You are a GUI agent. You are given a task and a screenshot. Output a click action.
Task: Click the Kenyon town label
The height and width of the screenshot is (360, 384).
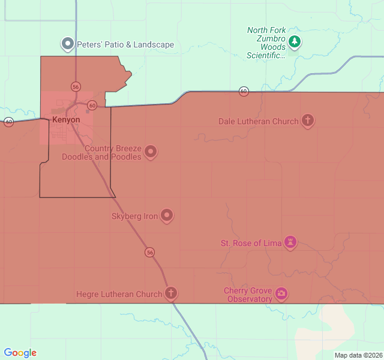coord(66,120)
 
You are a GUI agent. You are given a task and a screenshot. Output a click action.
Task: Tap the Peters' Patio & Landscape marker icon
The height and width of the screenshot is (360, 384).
coord(68,44)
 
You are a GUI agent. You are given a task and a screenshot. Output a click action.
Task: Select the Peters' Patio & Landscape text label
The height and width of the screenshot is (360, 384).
coord(125,44)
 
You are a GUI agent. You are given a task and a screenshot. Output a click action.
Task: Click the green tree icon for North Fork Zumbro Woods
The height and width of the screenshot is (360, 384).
coord(294,41)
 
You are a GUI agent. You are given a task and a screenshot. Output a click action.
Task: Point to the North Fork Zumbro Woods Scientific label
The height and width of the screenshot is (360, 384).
coord(266,43)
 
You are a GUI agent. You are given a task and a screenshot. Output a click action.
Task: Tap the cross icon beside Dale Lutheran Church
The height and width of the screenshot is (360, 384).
coord(308,121)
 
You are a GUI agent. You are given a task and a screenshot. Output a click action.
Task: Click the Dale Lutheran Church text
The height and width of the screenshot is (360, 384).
coord(259,121)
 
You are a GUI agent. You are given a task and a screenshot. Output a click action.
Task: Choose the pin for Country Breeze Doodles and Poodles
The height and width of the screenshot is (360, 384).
coord(151,152)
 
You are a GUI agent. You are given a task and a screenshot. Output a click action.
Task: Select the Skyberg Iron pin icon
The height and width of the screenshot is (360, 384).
coord(167,215)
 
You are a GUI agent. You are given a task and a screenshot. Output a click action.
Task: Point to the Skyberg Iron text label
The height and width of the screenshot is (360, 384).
coord(135,216)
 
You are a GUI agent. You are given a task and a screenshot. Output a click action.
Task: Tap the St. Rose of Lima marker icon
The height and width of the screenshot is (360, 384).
coord(290,242)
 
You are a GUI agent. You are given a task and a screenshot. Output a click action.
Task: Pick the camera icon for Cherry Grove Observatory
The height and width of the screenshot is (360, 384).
coord(281,294)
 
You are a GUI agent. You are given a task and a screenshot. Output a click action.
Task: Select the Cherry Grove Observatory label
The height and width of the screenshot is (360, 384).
coord(248,295)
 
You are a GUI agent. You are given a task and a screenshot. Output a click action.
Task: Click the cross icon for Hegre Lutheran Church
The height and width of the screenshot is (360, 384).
coord(171,293)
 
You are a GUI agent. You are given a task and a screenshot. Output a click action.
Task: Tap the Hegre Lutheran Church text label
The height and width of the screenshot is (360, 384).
coord(119,294)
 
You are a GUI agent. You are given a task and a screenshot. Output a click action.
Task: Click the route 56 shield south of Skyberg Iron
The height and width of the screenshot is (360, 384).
coord(149,253)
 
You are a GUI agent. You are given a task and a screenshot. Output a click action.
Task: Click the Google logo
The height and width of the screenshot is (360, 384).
coord(20,353)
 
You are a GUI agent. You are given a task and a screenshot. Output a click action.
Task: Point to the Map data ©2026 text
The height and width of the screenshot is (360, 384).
coord(358,355)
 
